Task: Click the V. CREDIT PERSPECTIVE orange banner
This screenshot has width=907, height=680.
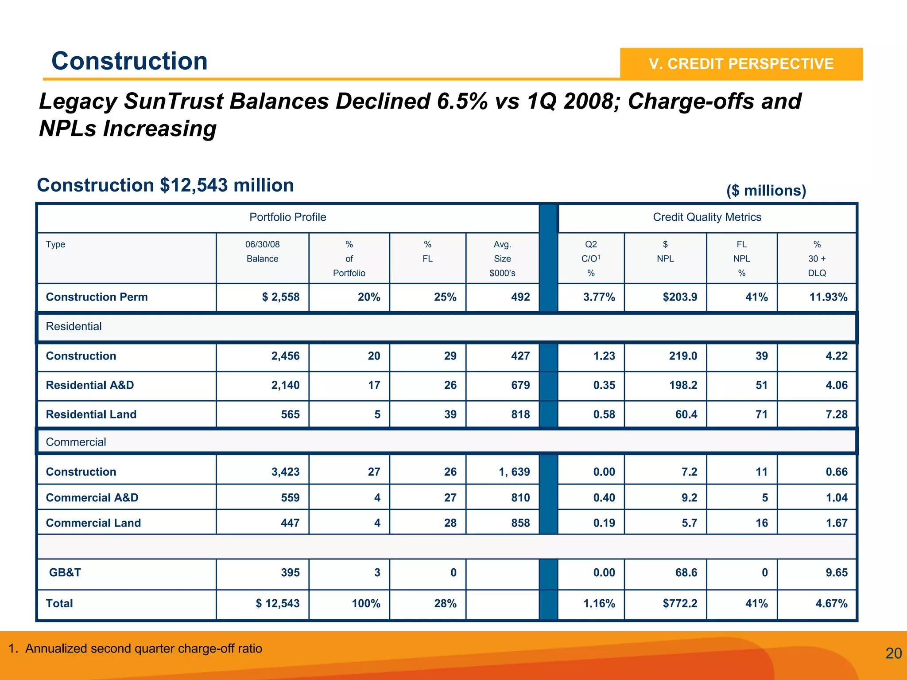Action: (x=741, y=64)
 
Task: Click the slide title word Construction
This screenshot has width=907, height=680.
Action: (x=129, y=61)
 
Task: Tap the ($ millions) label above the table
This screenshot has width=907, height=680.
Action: (x=766, y=191)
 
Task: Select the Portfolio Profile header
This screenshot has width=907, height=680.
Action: (x=287, y=217)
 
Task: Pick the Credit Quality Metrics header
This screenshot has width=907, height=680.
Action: (x=707, y=217)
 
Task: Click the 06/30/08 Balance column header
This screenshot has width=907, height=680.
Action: (x=262, y=251)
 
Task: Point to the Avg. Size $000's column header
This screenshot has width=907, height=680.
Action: (x=502, y=258)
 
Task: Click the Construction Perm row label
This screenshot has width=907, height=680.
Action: (x=97, y=297)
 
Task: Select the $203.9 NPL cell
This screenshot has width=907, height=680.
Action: (x=679, y=297)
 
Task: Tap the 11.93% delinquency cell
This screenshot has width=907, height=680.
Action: (x=828, y=297)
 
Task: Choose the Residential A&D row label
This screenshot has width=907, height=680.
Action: (x=90, y=385)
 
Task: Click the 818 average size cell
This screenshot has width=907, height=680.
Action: (x=520, y=414)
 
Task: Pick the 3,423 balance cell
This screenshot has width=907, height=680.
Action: (x=285, y=472)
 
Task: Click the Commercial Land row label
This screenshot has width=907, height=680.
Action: (x=93, y=523)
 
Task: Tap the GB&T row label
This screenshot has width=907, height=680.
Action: (x=65, y=573)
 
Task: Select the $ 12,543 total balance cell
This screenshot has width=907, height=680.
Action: (x=277, y=604)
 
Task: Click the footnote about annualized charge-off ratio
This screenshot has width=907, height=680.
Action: (x=136, y=649)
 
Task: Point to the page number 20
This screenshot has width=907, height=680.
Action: (x=893, y=653)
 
